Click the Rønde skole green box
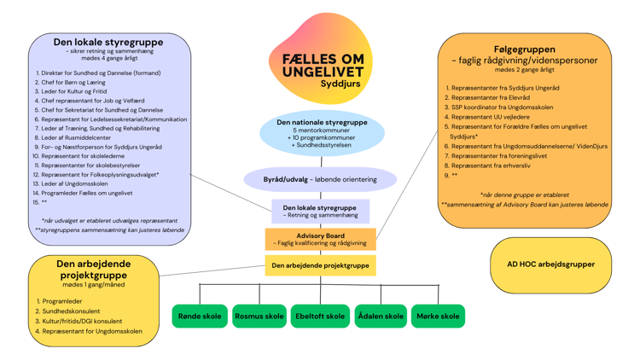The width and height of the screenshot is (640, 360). coord(199,316)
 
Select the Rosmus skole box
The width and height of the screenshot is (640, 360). coord(259,316)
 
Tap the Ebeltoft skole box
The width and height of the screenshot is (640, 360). coord(320,316)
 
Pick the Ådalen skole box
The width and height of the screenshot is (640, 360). coord(380,316)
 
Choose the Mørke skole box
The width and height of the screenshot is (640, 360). coord(438,316)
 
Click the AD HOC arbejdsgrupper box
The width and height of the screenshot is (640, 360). coord(550,264)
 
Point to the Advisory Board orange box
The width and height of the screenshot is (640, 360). coord(320,240)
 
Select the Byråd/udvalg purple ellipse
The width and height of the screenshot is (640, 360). coord(320,180)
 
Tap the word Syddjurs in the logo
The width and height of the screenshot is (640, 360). coord(340,84)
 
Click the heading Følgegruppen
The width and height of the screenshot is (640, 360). coord(524,49)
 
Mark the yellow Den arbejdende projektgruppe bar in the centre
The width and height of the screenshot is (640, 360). coord(320,266)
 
